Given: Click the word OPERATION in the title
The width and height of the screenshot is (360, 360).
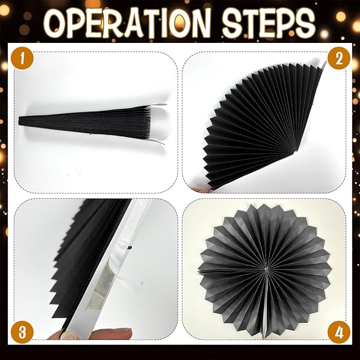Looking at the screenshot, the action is (x=127, y=23).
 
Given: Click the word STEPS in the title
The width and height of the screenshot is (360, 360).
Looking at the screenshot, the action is (x=268, y=22).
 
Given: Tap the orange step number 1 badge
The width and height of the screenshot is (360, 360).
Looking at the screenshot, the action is (x=22, y=58).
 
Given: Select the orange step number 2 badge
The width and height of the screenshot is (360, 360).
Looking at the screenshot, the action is (x=339, y=58).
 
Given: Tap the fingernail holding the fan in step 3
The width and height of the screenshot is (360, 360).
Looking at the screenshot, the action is (x=67, y=334).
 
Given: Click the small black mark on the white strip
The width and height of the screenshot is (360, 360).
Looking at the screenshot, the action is (x=129, y=248).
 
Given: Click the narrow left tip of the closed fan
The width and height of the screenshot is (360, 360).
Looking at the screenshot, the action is (x=19, y=121).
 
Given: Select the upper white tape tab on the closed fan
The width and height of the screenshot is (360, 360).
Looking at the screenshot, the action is (x=158, y=104).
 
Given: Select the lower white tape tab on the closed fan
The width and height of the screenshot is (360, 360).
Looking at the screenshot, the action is (x=156, y=142).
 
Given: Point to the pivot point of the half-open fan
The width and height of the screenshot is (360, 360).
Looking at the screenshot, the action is (x=296, y=151).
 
